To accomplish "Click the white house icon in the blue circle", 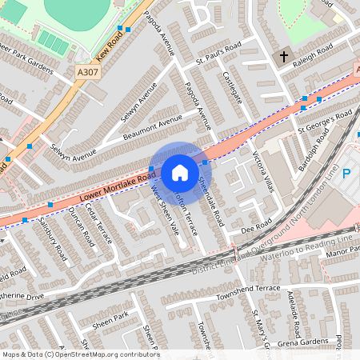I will pyautogui.click(x=180, y=173).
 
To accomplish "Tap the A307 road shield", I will pyautogui.click(x=89, y=72).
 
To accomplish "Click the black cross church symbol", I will pyautogui.click(x=284, y=58).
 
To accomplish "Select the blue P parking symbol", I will pyautogui.click(x=347, y=173).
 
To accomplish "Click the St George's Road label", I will pyautogui.click(x=325, y=122).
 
